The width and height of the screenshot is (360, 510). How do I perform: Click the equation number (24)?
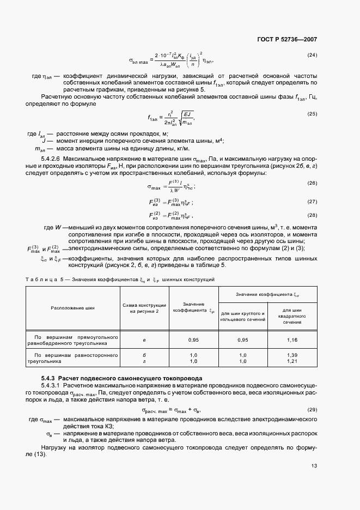pyautogui.click(x=312, y=55)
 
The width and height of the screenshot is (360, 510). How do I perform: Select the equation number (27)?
pyautogui.click(x=312, y=201)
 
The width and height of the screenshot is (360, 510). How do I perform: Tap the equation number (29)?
pyautogui.click(x=312, y=409)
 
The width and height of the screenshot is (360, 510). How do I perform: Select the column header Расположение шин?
pyautogui.click(x=72, y=308)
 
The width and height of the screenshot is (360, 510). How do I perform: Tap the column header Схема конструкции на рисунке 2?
pyautogui.click(x=144, y=307)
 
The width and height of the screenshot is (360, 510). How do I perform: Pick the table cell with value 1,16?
pyautogui.click(x=292, y=340)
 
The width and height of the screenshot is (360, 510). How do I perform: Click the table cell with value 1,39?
pyautogui.click(x=292, y=355)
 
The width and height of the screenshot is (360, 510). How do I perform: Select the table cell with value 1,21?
pyautogui.click(x=292, y=361)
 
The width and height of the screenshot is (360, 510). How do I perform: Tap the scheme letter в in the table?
pyautogui.click(x=144, y=340)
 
